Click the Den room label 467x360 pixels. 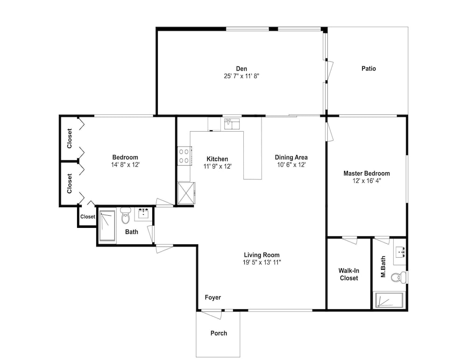[x=241, y=69]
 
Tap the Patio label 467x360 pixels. [x=369, y=69]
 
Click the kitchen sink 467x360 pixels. [x=232, y=124]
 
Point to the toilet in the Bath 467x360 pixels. [x=126, y=215]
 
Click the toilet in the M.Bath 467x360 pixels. [x=398, y=277]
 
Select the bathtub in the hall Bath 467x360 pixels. [x=107, y=226]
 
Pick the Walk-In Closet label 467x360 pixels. [x=349, y=274]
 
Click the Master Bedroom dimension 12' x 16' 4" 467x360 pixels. [x=367, y=181]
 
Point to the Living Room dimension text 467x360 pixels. [x=262, y=262]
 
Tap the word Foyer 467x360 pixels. [x=213, y=297]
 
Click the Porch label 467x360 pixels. [x=219, y=333]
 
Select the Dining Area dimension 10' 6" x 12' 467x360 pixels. [x=291, y=165]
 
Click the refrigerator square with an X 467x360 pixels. [x=186, y=193]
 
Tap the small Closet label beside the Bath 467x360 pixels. [x=88, y=217]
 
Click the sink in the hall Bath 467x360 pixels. [x=144, y=213]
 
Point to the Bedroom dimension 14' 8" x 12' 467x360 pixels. [x=125, y=165]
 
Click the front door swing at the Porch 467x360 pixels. [x=212, y=314]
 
